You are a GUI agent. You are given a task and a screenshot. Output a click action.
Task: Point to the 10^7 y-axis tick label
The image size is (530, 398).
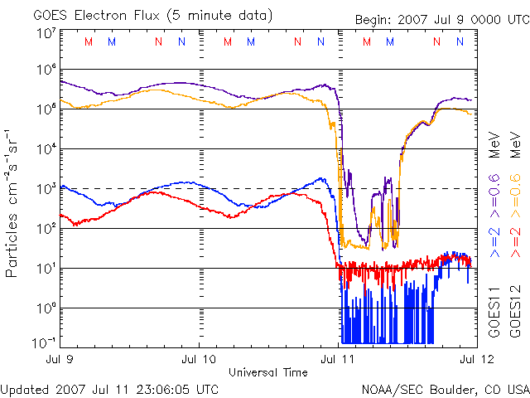46,33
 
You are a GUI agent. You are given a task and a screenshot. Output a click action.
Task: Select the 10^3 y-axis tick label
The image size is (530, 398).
46,188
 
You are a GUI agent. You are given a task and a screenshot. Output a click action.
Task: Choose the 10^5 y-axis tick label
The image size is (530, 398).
46,109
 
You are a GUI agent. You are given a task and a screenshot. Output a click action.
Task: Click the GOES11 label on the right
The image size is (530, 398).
494,311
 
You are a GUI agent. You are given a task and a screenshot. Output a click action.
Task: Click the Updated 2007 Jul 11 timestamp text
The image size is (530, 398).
110,388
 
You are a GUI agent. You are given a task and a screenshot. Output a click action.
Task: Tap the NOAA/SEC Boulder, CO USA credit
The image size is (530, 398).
445,388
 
